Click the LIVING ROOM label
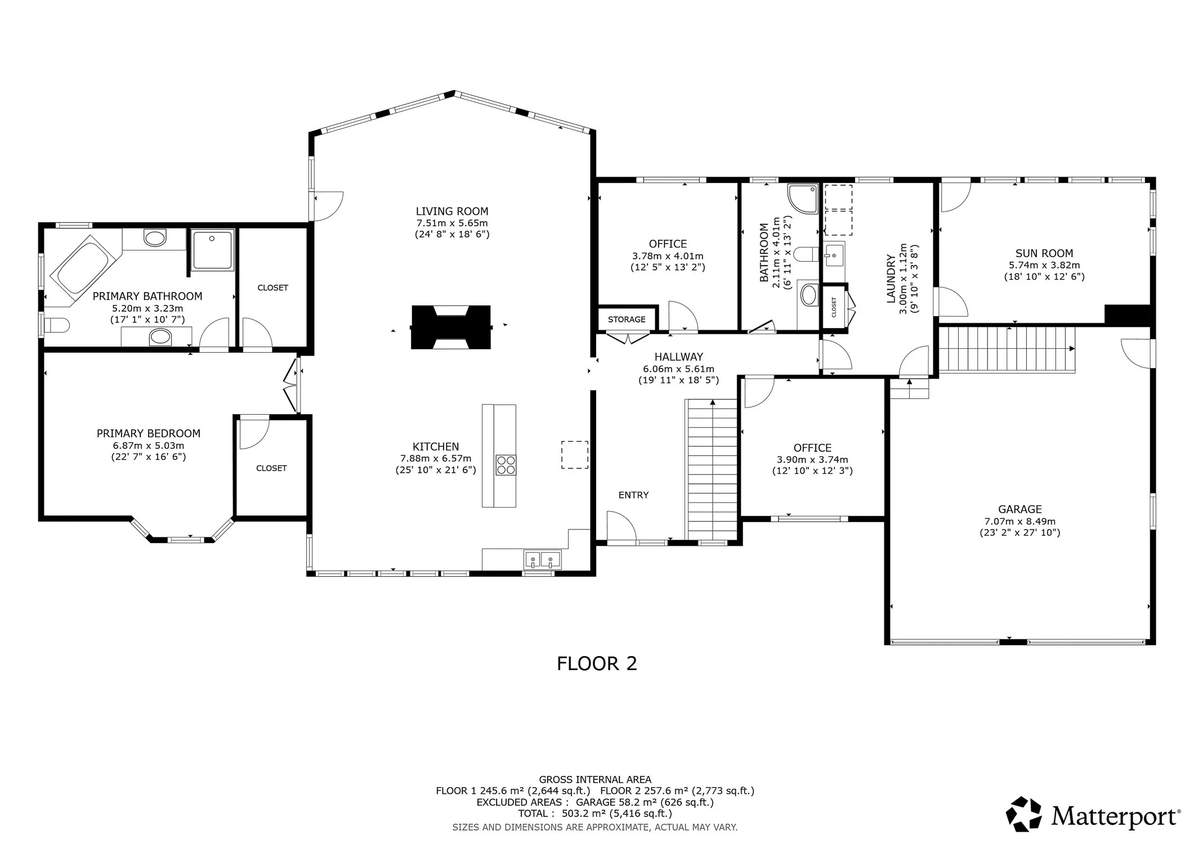pos(451,212)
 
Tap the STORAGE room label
pos(627,320)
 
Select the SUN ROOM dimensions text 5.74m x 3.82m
pos(1044,266)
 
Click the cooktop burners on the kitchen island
pos(506,465)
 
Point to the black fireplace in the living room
pos(451,327)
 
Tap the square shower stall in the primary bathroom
pos(212,249)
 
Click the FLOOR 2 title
pos(597,664)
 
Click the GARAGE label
pos(1020,509)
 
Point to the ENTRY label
pos(633,495)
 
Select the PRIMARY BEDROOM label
pos(149,434)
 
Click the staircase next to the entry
pos(712,469)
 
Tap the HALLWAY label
pos(678,357)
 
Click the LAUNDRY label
pos(891,279)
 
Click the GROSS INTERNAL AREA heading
pos(595,780)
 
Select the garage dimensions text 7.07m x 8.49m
pos(1020,522)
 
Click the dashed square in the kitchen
pos(575,455)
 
